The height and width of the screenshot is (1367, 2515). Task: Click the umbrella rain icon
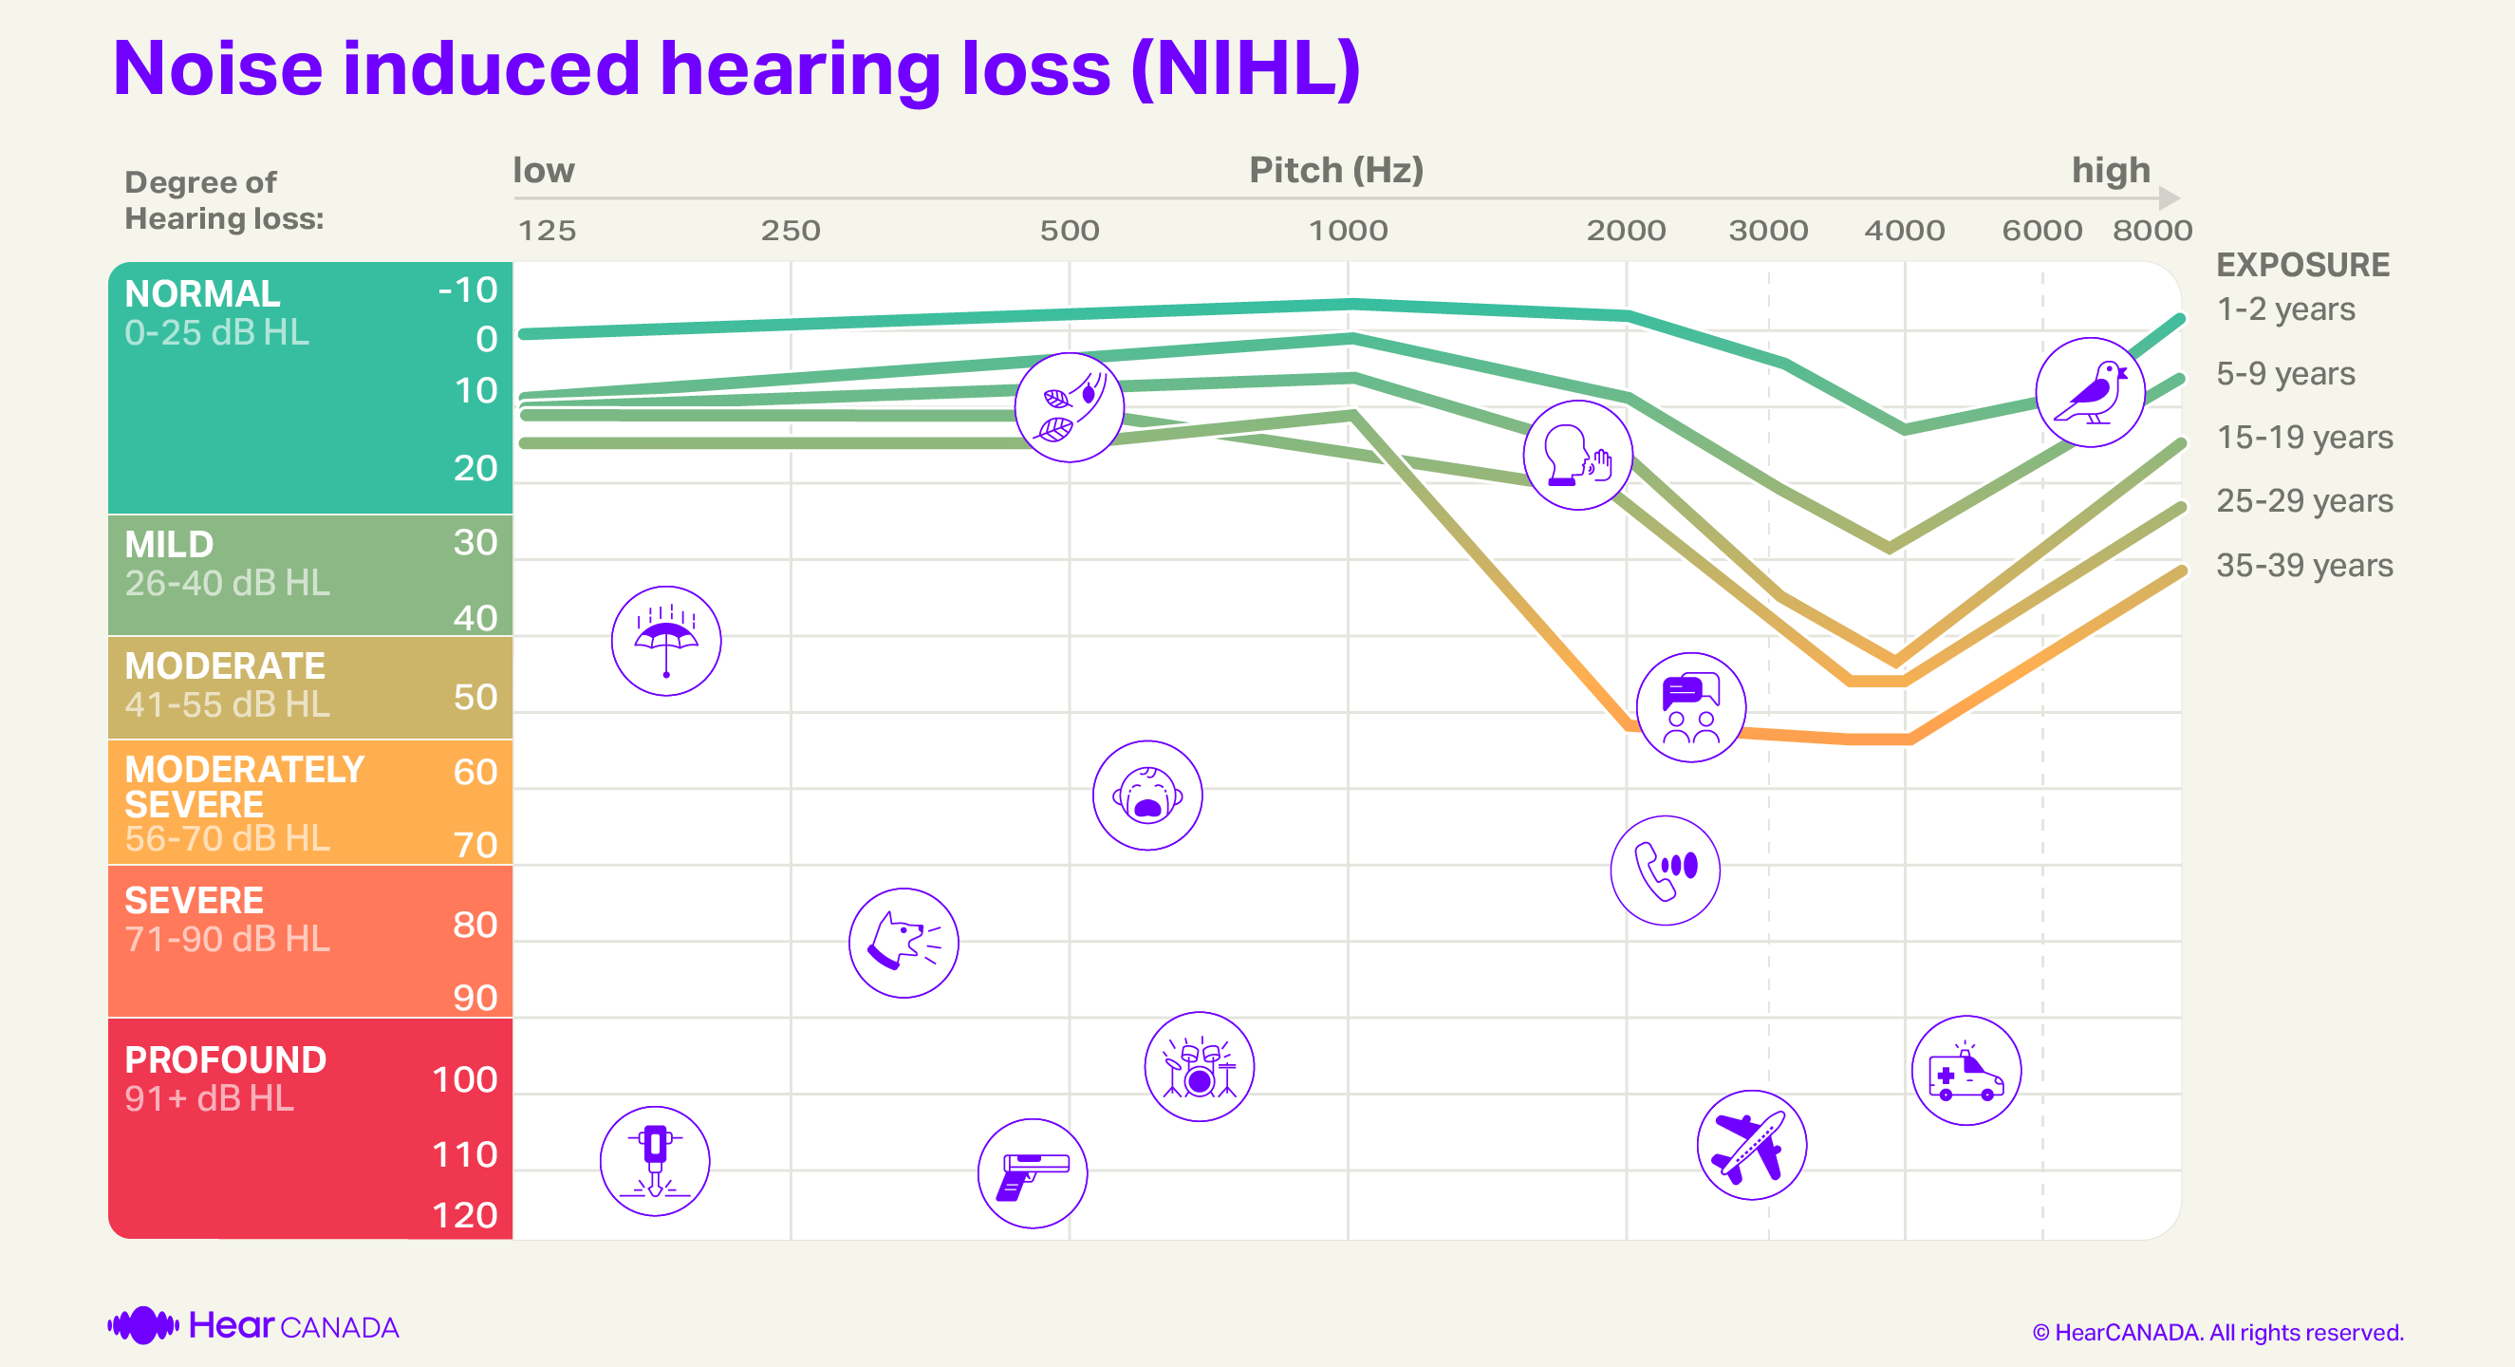[666, 642]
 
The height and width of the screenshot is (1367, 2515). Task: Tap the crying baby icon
[1147, 796]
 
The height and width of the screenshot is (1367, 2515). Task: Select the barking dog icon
[904, 944]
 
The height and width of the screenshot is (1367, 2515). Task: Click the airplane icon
[1752, 1144]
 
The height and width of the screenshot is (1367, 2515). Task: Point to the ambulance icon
[1965, 1071]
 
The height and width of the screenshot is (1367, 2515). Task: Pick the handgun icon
[1032, 1173]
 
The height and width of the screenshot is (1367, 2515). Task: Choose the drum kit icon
[1199, 1067]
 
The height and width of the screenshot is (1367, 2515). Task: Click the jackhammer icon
[654, 1161]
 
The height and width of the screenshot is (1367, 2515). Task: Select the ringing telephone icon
[1665, 870]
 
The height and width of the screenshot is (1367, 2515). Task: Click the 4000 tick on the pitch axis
[1904, 231]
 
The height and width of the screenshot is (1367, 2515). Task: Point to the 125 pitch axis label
[547, 231]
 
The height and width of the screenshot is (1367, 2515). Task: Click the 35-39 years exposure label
[2304, 566]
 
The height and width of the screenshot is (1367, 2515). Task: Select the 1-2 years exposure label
[2284, 309]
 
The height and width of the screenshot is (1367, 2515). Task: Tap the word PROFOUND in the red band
[226, 1059]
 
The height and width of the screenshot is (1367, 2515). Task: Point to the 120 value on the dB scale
[465, 1215]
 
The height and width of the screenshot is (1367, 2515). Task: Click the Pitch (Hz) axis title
[1335, 171]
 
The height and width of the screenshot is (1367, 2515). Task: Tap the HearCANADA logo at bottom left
[252, 1326]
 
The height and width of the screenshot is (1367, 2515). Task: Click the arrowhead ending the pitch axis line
[2169, 198]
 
